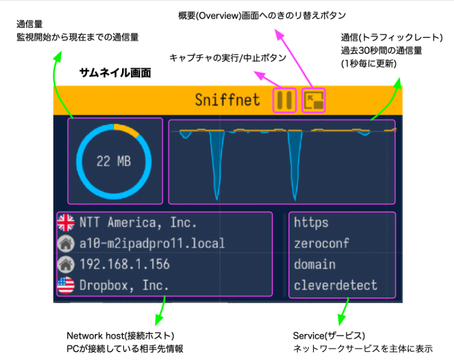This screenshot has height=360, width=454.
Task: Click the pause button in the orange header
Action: [x=284, y=100]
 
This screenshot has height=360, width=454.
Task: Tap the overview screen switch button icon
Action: [x=314, y=100]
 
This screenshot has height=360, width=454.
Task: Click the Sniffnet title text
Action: [x=228, y=100]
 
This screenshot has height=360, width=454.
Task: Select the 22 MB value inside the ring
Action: [x=114, y=161]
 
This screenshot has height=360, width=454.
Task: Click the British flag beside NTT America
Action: [x=66, y=223]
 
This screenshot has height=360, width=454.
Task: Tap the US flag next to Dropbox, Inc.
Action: [x=66, y=286]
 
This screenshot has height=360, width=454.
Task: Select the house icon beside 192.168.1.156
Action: [x=66, y=265]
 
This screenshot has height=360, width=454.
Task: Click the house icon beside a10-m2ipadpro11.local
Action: [x=66, y=243]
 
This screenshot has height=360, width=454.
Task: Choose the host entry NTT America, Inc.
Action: [x=138, y=223]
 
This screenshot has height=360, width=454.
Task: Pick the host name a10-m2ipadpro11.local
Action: [x=152, y=244]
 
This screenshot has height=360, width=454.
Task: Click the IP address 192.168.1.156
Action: [x=124, y=265]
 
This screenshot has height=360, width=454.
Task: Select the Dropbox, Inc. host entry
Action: [x=124, y=286]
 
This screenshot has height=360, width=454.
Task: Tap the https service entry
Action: [x=311, y=223]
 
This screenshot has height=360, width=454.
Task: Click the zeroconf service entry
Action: [x=322, y=244]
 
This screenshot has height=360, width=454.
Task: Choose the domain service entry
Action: [x=315, y=265]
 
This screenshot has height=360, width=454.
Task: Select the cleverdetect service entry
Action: [x=335, y=286]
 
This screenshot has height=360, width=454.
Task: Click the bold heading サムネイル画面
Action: [x=115, y=73]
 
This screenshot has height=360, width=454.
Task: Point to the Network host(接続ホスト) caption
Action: [x=120, y=336]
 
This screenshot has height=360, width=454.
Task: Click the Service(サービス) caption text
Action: [x=329, y=336]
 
